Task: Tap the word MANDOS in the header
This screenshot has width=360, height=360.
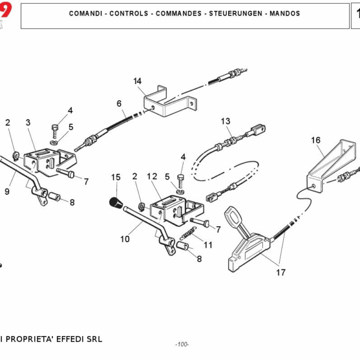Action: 284,13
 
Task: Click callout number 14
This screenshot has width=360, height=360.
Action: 137,81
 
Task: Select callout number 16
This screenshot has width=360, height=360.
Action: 316,140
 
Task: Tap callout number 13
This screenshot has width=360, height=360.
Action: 226,121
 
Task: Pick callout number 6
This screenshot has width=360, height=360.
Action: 119,103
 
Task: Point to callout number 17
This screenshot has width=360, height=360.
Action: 280,272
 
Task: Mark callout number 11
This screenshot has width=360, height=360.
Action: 208,245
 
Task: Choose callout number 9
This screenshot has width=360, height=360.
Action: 7,192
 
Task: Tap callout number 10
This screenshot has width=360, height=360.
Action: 124,239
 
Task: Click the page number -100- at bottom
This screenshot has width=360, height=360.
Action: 182,344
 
